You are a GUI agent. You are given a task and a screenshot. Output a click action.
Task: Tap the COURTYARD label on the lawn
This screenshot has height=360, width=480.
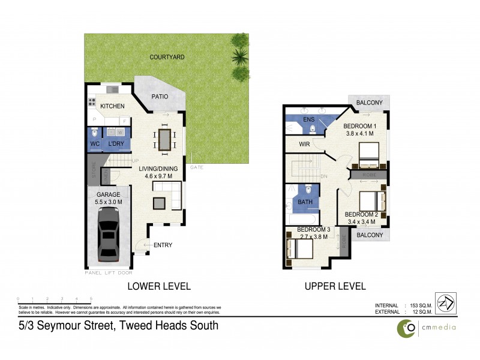pos(167,57)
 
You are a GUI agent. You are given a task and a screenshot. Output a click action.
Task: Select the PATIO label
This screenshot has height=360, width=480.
pos(159,96)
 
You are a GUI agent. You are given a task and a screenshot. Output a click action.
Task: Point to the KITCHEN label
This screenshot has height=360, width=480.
pos(112,106)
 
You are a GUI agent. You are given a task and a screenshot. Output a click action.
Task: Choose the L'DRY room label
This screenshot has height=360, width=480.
pos(116,144)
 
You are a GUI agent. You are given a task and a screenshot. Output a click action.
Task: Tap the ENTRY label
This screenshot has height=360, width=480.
pos(163,245)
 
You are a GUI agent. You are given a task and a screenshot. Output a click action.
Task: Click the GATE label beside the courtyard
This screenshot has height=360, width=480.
pos(197,167)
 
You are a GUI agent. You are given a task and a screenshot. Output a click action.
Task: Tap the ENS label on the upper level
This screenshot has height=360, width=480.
pos(310,119)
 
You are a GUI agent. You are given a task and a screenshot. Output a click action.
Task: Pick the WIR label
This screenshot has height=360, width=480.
pos(305,145)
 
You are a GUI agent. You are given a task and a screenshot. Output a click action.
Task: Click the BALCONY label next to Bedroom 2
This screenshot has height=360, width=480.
pos(370,235)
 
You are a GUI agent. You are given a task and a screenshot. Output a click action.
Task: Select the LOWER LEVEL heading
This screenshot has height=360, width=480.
pos(159,286)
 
